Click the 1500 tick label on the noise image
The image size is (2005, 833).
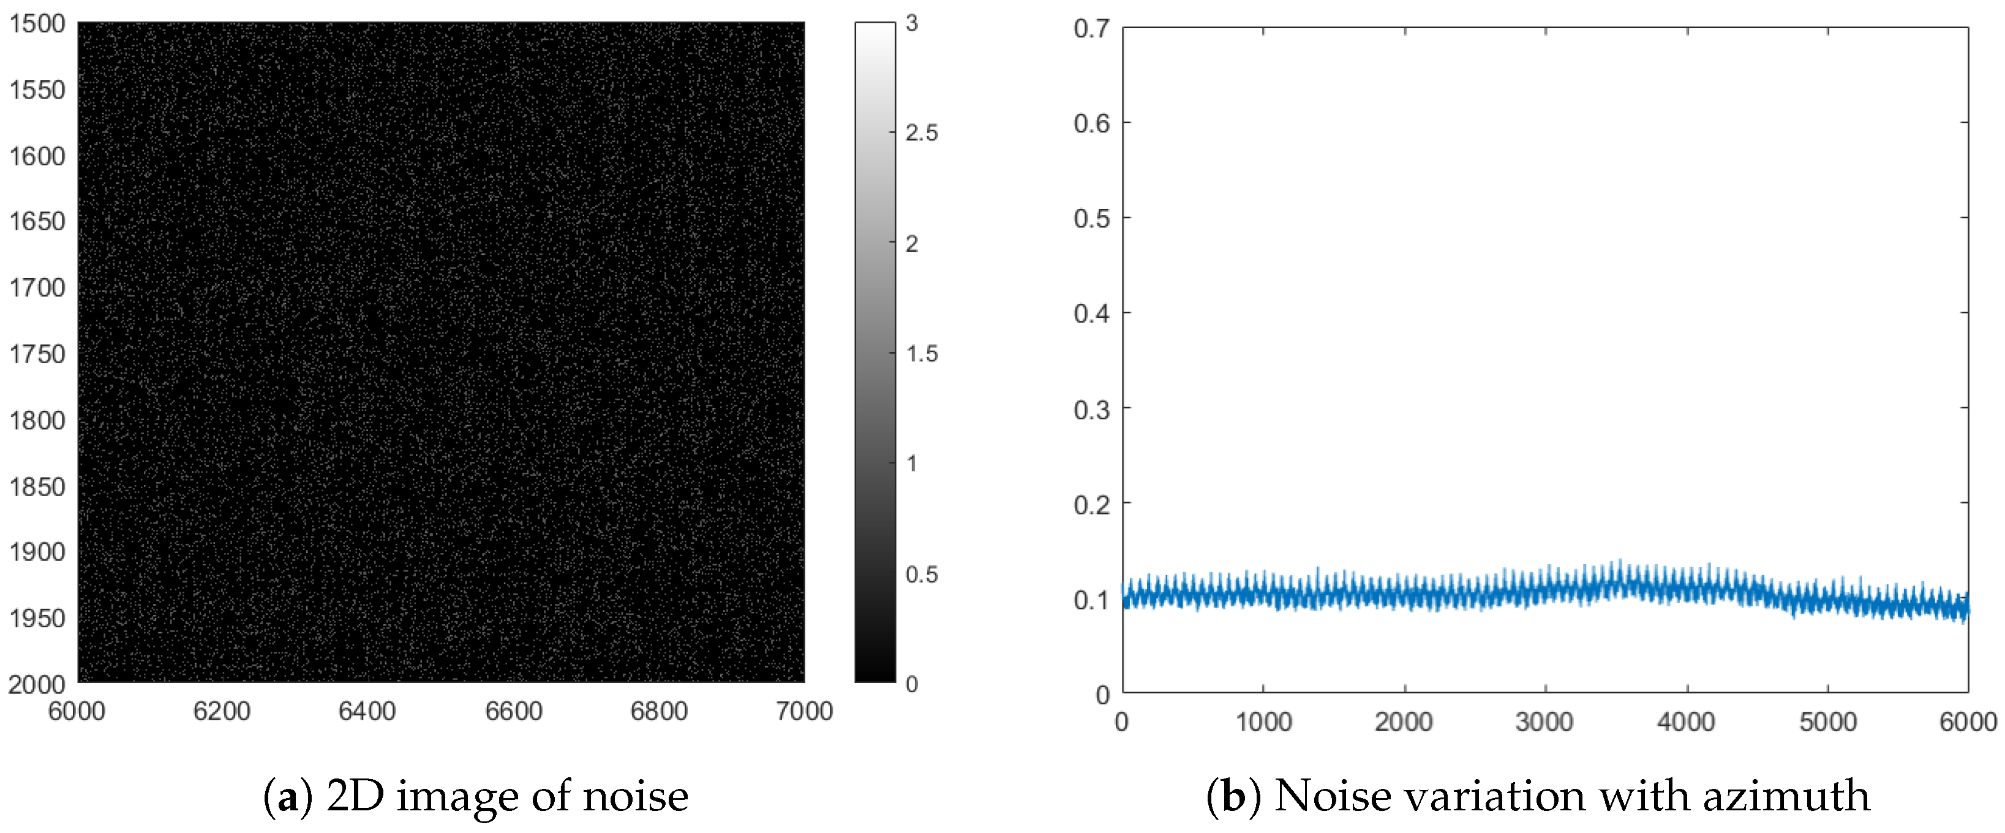[x=37, y=24]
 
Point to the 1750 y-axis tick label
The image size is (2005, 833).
[x=37, y=354]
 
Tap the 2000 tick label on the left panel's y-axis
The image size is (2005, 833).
[x=37, y=684]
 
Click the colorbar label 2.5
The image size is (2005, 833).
[x=922, y=133]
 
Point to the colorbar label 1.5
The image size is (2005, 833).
[x=922, y=354]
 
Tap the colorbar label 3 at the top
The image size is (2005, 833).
[x=912, y=24]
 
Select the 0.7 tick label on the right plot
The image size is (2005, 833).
[x=1091, y=29]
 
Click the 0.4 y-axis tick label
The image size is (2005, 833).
[x=1091, y=314]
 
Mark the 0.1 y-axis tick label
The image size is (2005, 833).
[x=1091, y=600]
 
